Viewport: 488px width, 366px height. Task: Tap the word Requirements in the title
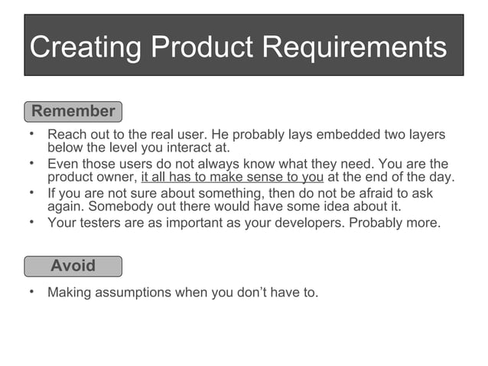coord(354,47)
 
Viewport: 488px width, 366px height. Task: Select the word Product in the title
coord(202,47)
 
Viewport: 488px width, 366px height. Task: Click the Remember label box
coord(73,111)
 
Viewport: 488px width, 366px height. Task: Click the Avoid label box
coord(73,266)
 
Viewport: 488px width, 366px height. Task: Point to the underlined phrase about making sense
coord(233,178)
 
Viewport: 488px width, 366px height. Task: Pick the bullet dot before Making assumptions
coord(32,292)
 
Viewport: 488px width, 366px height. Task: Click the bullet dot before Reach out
coord(32,134)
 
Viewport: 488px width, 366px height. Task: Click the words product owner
coord(91,178)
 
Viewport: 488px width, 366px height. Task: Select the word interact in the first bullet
coord(184,148)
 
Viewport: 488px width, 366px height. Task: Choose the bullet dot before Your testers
coord(32,223)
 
